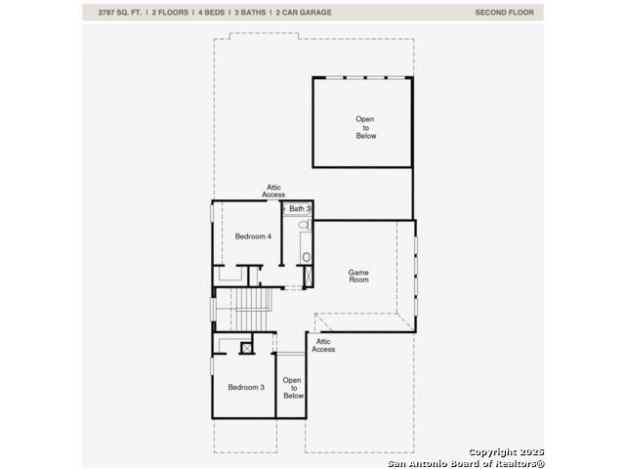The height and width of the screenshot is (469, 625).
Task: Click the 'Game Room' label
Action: pyautogui.click(x=358, y=276)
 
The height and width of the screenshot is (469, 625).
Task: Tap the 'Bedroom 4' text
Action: pyautogui.click(x=253, y=236)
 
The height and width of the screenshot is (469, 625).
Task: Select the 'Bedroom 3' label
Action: pyautogui.click(x=246, y=387)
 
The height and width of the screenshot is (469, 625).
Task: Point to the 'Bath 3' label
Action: pyautogui.click(x=300, y=208)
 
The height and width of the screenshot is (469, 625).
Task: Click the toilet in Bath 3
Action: pyautogui.click(x=305, y=225)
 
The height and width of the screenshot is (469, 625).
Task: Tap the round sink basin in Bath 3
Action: pyautogui.click(x=306, y=257)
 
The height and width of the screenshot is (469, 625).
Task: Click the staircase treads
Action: pyautogui.click(x=251, y=310)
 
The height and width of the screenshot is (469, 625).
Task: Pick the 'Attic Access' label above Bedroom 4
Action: pyautogui.click(x=273, y=192)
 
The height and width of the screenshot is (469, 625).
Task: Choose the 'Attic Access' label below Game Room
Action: pyautogui.click(x=323, y=345)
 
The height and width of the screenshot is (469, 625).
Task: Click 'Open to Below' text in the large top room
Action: pyautogui.click(x=365, y=127)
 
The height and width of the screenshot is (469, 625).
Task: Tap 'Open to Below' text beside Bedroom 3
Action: pyautogui.click(x=293, y=388)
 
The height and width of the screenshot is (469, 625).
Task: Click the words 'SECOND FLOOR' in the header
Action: pyautogui.click(x=504, y=13)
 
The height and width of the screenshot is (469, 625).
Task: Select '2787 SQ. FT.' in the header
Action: pyautogui.click(x=119, y=13)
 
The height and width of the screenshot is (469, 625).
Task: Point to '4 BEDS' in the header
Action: pyautogui.click(x=211, y=13)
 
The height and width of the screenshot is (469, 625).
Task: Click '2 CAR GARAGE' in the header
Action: pyautogui.click(x=304, y=13)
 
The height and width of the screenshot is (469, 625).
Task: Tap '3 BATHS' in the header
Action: pyautogui.click(x=250, y=13)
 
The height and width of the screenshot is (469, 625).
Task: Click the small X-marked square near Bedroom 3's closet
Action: pyautogui.click(x=247, y=349)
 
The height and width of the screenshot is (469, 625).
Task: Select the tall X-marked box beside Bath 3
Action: pyautogui.click(x=309, y=276)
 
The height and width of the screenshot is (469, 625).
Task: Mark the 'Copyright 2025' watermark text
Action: pyautogui.click(x=506, y=451)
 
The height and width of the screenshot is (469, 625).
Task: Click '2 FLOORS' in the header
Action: pyautogui.click(x=170, y=13)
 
